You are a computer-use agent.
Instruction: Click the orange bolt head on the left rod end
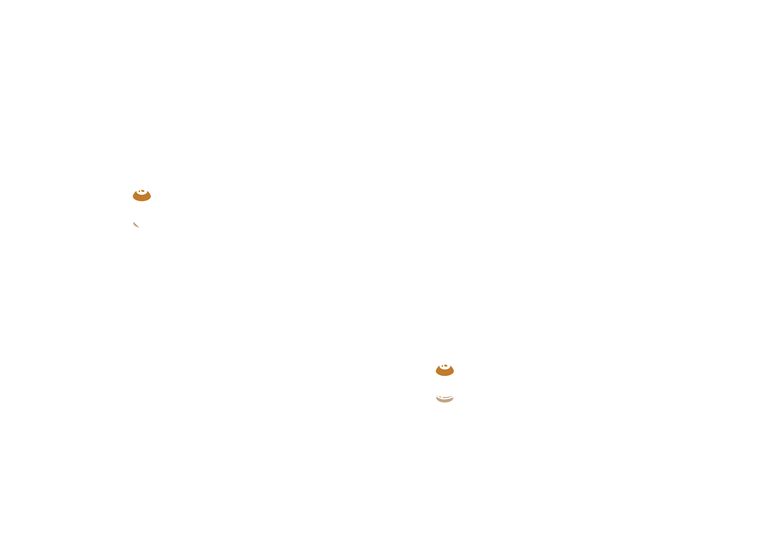pyautogui.click(x=141, y=195)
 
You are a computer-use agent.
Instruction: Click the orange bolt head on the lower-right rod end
pyautogui.click(x=445, y=370)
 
